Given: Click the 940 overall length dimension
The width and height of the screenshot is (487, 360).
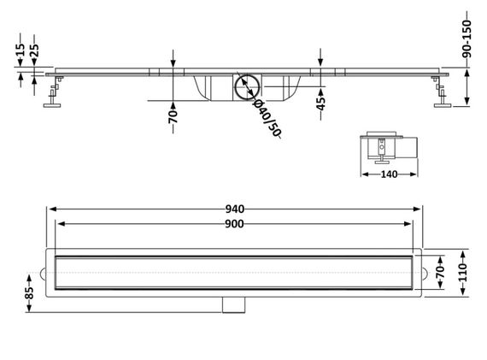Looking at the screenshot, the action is coord(234,210).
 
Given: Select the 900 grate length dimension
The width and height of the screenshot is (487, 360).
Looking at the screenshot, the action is coord(234,224).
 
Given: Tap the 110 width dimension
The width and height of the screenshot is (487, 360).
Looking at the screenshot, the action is coord(463,272).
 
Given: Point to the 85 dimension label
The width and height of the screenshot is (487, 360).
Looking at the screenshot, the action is coord(29,292).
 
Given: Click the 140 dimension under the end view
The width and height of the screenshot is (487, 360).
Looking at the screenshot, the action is coord(389,174).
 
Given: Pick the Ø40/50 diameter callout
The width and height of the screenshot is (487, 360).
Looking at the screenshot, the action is coord(267,119).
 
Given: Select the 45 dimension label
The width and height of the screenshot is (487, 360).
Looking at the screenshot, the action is coord(321,103).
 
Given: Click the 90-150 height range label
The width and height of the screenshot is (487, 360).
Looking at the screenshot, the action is coord(466,38).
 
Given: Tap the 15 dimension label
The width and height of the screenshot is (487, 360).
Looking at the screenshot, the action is coord(21,50).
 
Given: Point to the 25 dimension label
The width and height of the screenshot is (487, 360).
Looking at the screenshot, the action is coord(34,50).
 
